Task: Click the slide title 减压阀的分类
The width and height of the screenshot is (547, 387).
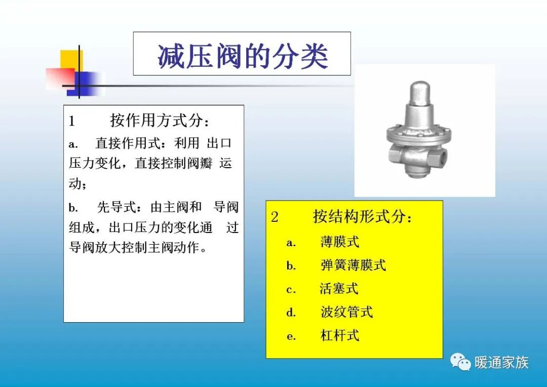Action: tap(242, 55)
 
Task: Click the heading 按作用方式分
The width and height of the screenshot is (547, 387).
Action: tap(160, 121)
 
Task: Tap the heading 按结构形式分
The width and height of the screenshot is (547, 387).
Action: tap(363, 217)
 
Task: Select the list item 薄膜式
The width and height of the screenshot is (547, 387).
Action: tap(339, 242)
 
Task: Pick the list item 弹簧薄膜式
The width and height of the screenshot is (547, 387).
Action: tap(353, 265)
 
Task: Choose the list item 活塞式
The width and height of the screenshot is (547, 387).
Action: tap(339, 289)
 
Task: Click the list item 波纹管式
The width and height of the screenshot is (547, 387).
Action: tap(346, 312)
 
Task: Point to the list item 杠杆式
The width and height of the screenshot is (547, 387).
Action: tap(339, 335)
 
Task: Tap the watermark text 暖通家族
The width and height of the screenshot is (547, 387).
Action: tap(501, 363)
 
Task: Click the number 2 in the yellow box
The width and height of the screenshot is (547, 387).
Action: tap(275, 217)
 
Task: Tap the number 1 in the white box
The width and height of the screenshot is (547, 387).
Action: tap(71, 122)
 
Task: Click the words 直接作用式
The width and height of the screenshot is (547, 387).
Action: tap(127, 144)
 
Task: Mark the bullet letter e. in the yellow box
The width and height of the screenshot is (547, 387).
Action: tap(291, 336)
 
